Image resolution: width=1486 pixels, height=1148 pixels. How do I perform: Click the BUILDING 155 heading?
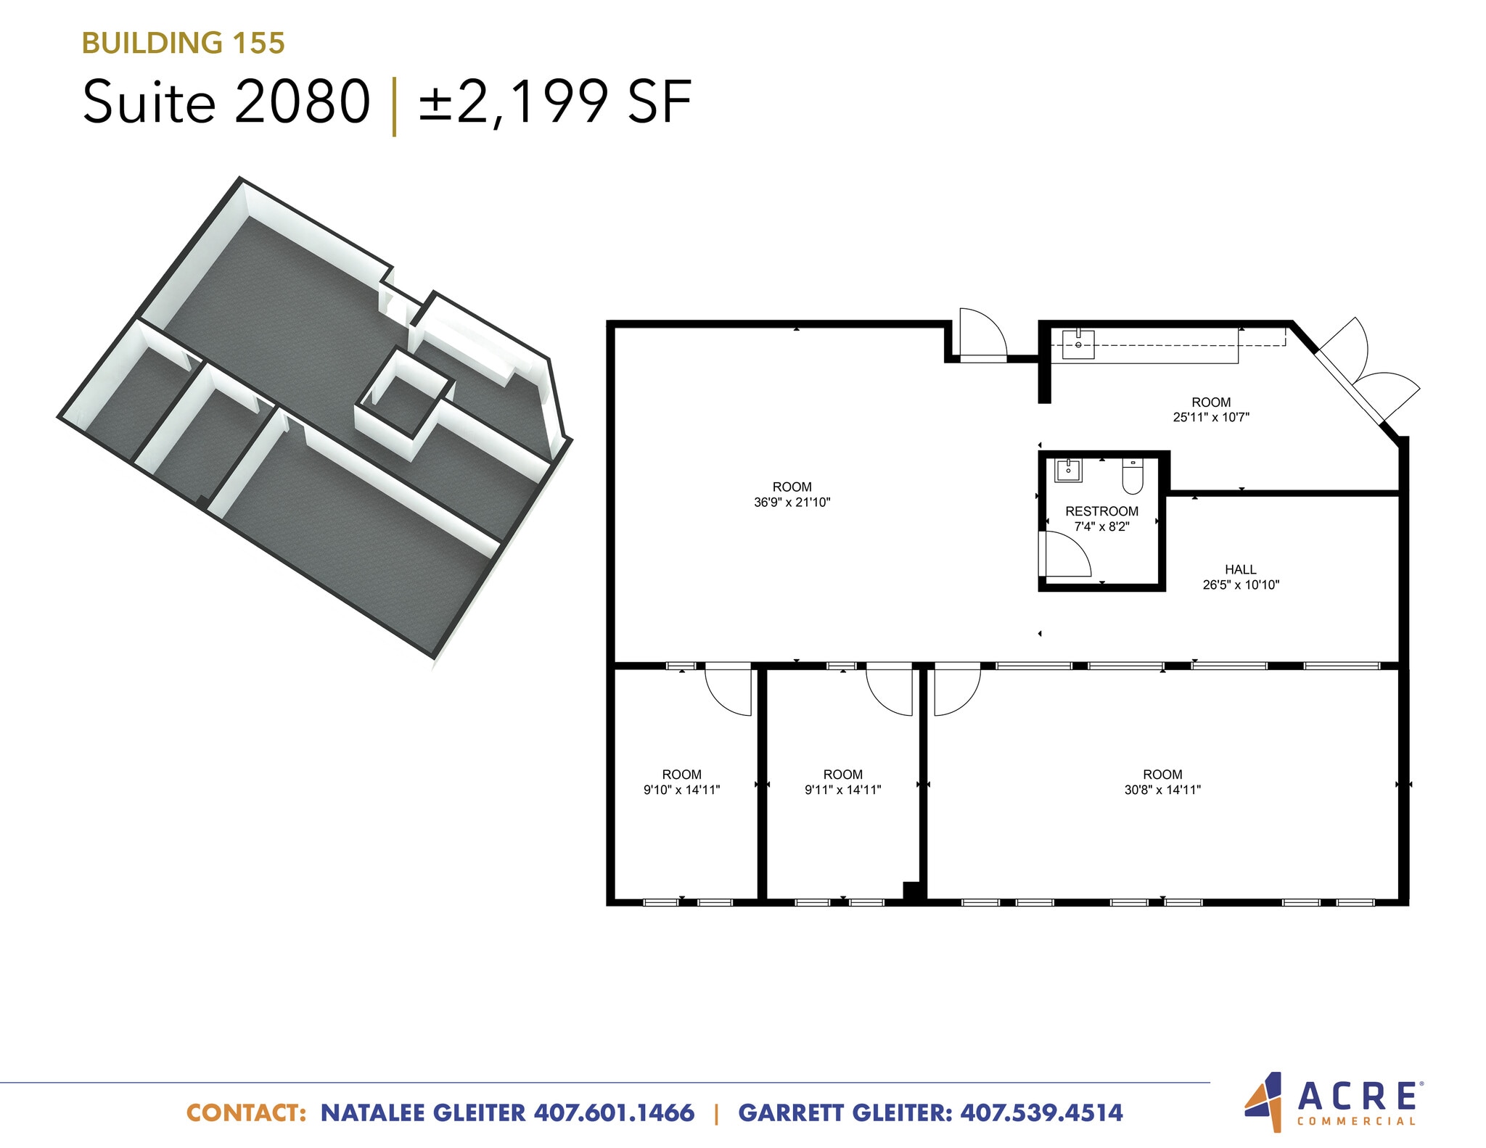[183, 43]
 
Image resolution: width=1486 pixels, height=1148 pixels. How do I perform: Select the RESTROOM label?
[1101, 511]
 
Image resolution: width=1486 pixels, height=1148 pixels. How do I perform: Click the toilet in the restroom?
[1132, 475]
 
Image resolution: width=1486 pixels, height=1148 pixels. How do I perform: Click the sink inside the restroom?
[1068, 470]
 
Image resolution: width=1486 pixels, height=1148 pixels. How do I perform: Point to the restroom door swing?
[1064, 555]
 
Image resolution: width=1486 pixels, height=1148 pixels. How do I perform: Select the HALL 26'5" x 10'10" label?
[1240, 577]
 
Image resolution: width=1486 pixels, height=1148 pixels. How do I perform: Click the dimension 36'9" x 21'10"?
[792, 502]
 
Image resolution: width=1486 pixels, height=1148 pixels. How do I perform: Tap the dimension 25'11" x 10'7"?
[1210, 417]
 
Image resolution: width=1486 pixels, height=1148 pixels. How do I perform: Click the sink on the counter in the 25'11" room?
[1078, 344]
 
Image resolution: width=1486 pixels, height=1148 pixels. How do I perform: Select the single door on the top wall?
[982, 335]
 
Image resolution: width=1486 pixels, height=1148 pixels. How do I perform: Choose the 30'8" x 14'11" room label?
[1162, 782]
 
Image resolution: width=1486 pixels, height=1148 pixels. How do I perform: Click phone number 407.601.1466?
[614, 1112]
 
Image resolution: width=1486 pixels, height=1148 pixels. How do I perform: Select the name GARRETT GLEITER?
[845, 1112]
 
